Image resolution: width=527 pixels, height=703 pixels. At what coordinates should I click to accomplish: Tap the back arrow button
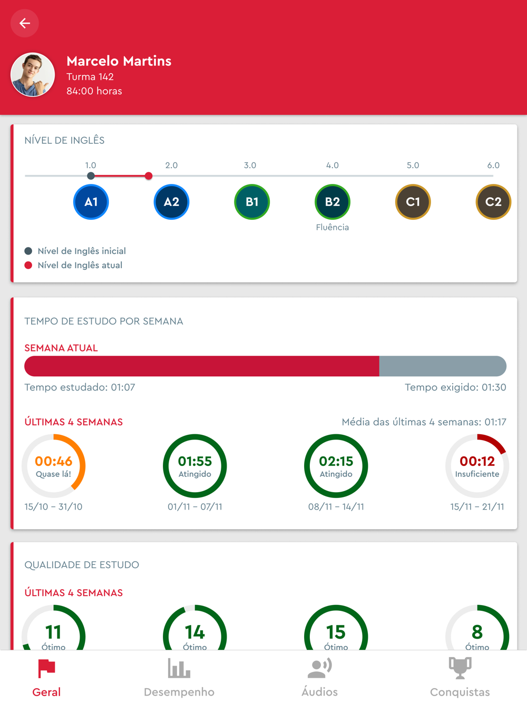(24, 23)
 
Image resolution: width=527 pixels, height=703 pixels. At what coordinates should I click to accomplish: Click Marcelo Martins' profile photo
(33, 74)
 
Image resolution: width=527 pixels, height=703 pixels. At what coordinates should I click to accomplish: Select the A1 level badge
(91, 202)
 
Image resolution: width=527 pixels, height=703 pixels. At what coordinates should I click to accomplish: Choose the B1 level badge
(252, 202)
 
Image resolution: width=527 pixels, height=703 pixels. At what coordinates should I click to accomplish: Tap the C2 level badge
(493, 202)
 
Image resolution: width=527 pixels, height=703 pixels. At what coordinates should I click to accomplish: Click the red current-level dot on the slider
(149, 176)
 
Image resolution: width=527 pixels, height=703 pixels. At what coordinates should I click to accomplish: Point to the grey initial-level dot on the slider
(91, 176)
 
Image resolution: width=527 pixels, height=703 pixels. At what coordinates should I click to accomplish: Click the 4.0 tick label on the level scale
(332, 165)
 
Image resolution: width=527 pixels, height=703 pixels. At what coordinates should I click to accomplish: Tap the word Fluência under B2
(332, 227)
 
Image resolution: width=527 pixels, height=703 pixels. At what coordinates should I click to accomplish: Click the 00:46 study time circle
(54, 466)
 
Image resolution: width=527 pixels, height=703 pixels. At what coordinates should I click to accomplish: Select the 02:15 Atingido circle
(336, 466)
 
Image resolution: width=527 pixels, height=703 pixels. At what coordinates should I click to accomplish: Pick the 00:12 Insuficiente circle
(477, 466)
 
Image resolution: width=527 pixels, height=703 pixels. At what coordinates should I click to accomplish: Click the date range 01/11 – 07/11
(195, 507)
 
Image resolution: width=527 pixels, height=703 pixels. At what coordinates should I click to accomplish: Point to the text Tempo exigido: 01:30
(455, 387)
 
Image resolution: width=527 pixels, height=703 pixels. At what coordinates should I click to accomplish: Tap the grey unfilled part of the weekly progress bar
(443, 366)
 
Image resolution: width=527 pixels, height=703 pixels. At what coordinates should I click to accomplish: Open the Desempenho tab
(179, 678)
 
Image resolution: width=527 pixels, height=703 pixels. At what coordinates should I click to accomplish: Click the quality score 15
(336, 632)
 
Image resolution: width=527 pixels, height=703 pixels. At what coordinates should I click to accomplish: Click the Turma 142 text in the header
(90, 77)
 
